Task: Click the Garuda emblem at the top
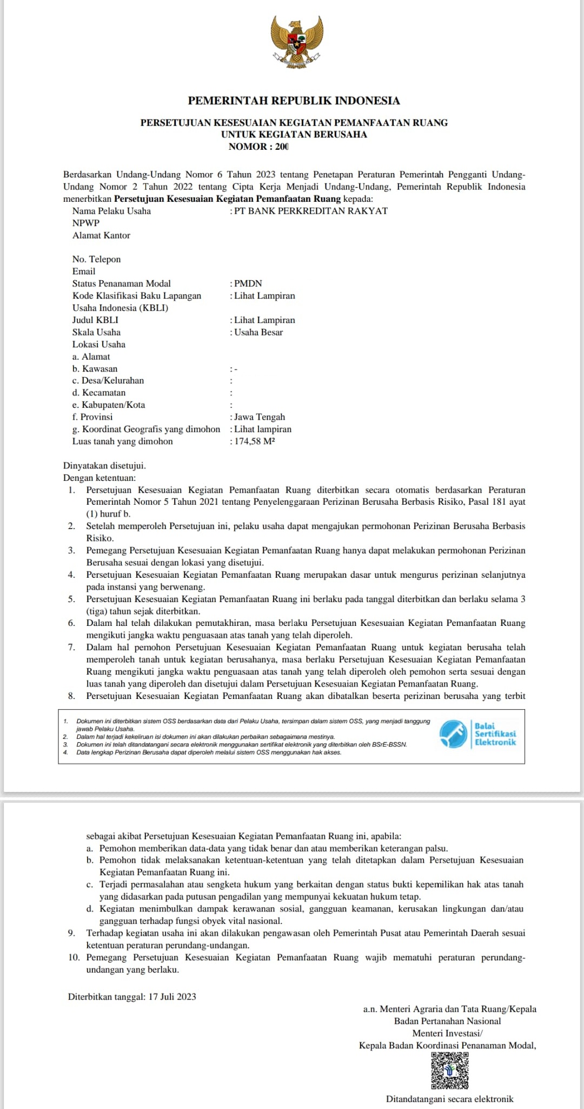[x=297, y=42]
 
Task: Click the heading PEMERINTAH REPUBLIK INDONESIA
[x=294, y=101]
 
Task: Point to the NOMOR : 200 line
[x=258, y=147]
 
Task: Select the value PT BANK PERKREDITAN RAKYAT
[x=311, y=211]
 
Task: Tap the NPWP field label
[x=86, y=223]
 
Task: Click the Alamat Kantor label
[x=101, y=235]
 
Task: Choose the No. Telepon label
[x=96, y=259]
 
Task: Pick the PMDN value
[x=248, y=283]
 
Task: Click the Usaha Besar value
[x=258, y=332]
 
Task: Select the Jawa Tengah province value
[x=260, y=417]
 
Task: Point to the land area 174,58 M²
[x=255, y=441]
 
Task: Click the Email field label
[x=84, y=272]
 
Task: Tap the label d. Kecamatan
[x=99, y=393]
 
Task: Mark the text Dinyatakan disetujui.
[x=104, y=466]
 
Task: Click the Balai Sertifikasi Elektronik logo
[x=477, y=734]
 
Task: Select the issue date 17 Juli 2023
[x=172, y=996]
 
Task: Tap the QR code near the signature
[x=450, y=1071]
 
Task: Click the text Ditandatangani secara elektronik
[x=449, y=1099]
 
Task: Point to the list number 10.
[x=74, y=957]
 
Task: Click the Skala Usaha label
[x=96, y=332]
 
